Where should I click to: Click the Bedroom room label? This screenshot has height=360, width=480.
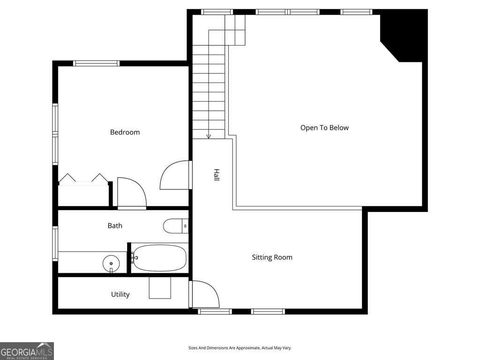[x=125, y=132]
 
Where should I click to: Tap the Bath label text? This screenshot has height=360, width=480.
[x=115, y=225]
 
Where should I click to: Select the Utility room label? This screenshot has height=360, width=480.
[x=120, y=294]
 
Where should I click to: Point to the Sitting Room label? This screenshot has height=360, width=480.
[x=272, y=257]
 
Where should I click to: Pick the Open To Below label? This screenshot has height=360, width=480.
[x=324, y=127]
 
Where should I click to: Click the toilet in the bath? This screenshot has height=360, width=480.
[x=175, y=226]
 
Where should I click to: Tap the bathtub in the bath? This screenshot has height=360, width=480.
[x=159, y=258]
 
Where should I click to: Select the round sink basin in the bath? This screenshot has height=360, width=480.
[x=111, y=263]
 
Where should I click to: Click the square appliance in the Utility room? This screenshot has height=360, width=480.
[x=160, y=288]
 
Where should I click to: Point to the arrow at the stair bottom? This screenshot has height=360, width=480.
[x=209, y=136]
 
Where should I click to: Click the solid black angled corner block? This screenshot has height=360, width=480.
[x=403, y=35]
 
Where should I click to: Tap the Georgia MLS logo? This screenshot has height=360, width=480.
[x=27, y=351]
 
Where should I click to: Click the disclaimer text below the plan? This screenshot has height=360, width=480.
[x=240, y=348]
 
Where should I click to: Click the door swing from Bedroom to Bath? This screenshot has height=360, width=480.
[x=131, y=193]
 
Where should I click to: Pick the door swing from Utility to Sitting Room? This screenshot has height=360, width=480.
[x=205, y=294]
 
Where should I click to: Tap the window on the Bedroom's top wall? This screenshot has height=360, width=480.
[x=97, y=63]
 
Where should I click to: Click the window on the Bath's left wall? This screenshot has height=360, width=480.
[x=55, y=243]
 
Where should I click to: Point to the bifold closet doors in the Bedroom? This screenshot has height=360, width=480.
[x=83, y=178]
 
